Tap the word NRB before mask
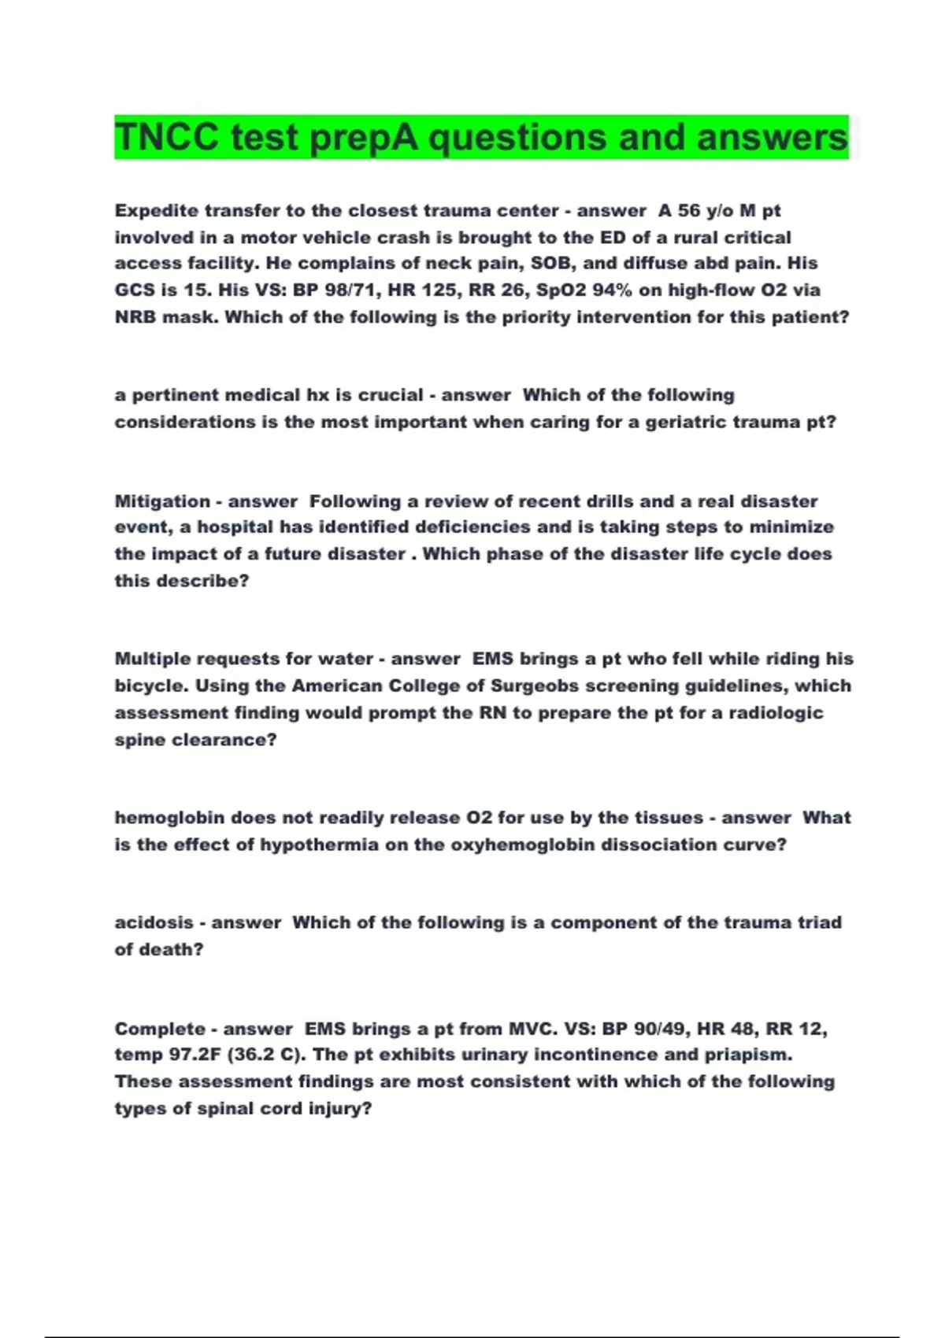(135, 317)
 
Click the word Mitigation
(161, 501)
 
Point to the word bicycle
(151, 686)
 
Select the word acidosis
(154, 922)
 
